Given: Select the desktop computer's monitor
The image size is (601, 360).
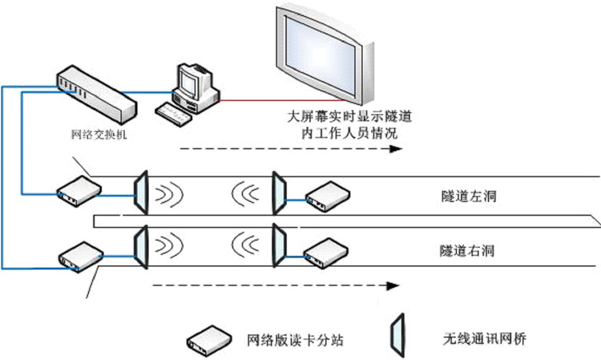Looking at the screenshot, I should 192,80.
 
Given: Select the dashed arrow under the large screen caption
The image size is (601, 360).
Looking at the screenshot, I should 289,149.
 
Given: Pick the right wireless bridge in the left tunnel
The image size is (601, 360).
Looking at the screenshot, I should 278,193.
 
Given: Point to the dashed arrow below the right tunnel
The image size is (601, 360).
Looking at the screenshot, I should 276,285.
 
